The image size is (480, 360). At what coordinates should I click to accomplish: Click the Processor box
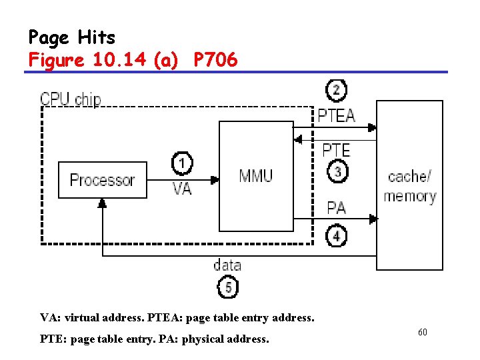(102, 180)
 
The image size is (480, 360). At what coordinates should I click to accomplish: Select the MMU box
(256, 176)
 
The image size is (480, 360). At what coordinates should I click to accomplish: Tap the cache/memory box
(409, 185)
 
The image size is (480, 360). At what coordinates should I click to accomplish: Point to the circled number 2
(337, 90)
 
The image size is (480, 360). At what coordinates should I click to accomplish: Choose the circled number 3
(337, 172)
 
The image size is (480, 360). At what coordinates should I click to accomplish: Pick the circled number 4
(337, 235)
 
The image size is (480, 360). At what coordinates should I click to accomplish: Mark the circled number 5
(227, 288)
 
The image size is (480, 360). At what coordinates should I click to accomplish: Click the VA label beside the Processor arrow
(182, 189)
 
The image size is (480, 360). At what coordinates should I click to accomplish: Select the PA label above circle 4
(337, 207)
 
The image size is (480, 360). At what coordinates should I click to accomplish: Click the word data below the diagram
(227, 265)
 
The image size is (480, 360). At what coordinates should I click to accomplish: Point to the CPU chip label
(71, 100)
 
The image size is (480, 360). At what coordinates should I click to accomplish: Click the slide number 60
(422, 331)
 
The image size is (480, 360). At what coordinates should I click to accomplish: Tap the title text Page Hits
(72, 37)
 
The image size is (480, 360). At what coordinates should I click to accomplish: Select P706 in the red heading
(215, 60)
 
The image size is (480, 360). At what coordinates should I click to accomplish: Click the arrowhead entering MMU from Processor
(215, 179)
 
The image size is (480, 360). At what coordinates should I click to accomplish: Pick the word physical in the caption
(211, 339)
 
